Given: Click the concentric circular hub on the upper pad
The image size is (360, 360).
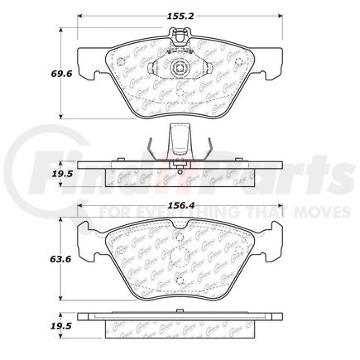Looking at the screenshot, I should (x=180, y=69).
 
